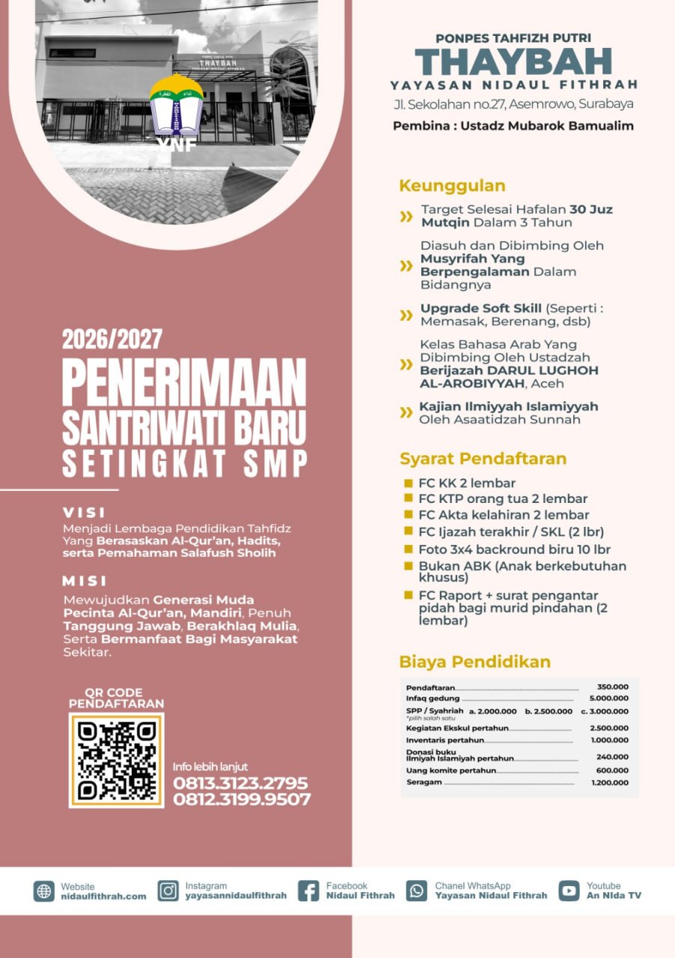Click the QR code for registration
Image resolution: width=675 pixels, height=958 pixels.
[117, 760]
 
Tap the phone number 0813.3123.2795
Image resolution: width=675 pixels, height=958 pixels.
[240, 783]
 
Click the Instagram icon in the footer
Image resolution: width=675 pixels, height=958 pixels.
[168, 891]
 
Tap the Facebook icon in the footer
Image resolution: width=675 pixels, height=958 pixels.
[308, 891]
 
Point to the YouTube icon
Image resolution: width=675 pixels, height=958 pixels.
[569, 891]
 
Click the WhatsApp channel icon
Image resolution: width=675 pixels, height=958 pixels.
[417, 891]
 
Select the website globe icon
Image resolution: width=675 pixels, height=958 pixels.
[44, 891]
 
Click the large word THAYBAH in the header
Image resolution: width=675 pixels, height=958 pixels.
[513, 61]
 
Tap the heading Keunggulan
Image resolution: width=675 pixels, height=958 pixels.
[452, 186]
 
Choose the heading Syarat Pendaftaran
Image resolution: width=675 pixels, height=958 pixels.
[483, 459]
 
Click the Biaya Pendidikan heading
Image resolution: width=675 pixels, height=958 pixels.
[474, 662]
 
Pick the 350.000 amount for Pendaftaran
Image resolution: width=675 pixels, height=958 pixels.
[612, 686]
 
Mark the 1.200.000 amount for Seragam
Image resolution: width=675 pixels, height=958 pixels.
[609, 782]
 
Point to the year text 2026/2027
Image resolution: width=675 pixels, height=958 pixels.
[112, 339]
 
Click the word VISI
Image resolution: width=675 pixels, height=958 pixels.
[85, 513]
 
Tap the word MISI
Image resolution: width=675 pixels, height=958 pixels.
[85, 581]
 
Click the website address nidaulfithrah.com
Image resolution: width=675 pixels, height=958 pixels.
[103, 896]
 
